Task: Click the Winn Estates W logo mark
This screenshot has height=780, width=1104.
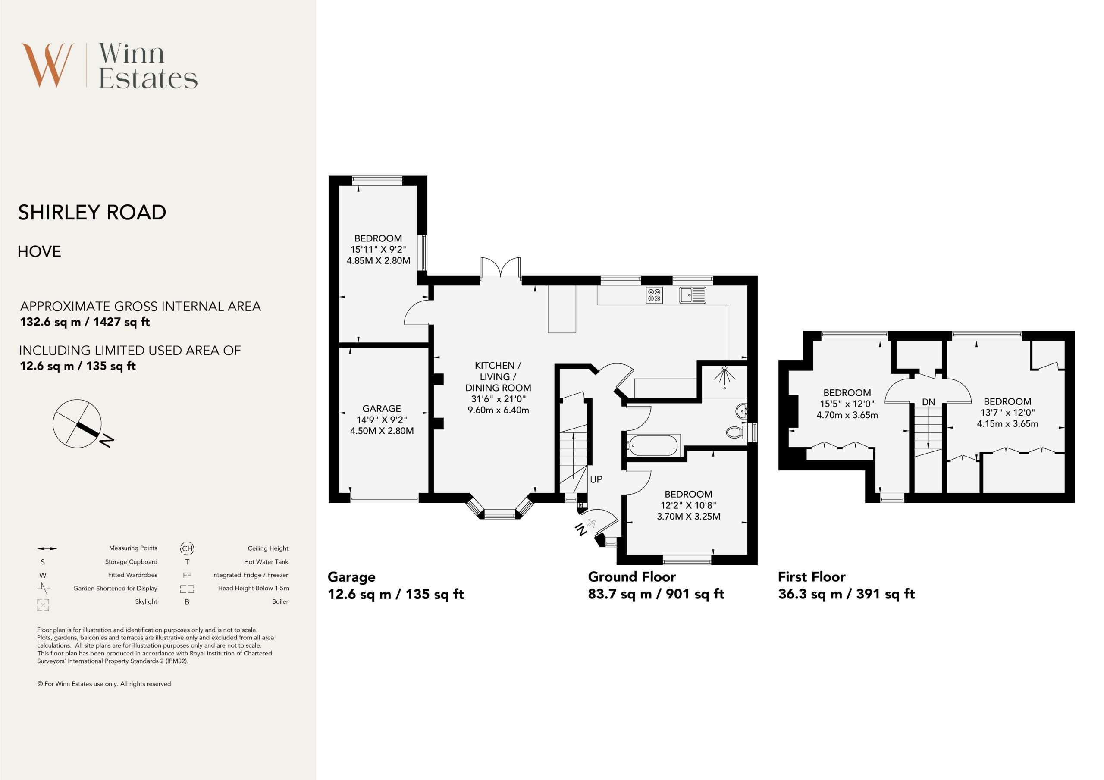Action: click(x=47, y=65)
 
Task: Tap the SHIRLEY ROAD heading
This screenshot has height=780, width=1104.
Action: click(x=92, y=212)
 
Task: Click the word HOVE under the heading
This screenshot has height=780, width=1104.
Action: click(x=39, y=251)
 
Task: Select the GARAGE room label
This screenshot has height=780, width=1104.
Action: click(x=381, y=408)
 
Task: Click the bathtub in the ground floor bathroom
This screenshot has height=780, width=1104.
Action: click(x=653, y=445)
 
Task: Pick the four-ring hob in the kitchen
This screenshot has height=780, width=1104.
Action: click(x=654, y=295)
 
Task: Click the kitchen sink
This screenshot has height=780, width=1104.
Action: click(x=693, y=295)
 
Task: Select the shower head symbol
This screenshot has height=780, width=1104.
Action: click(x=724, y=376)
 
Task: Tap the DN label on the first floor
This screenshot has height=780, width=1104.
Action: click(x=928, y=402)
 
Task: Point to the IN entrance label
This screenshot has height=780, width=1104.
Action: click(x=581, y=529)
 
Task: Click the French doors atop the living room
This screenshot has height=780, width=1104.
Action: click(x=501, y=267)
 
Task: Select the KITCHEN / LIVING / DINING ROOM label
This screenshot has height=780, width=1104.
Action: click(x=498, y=376)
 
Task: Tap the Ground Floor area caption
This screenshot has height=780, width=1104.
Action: click(x=656, y=585)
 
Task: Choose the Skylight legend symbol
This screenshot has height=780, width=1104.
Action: click(x=43, y=605)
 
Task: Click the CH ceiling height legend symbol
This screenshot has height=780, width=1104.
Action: click(x=187, y=548)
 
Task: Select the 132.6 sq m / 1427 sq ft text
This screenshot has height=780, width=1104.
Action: click(x=85, y=322)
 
